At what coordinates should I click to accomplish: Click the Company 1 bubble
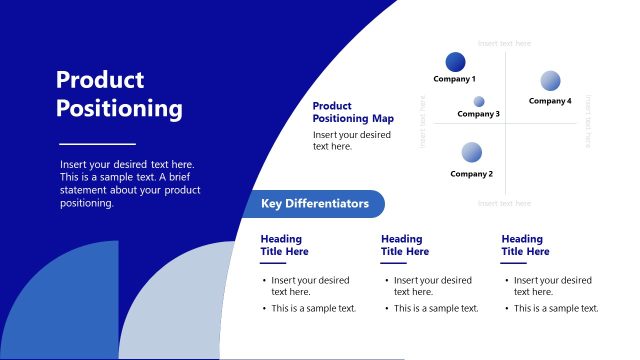[455, 62]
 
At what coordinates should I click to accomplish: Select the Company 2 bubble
[472, 153]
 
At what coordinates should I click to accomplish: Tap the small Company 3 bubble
[479, 101]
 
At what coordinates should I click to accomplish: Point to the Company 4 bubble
[550, 81]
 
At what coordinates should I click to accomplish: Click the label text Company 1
[454, 79]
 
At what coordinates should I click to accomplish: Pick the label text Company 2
[471, 174]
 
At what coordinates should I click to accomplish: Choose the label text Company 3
[478, 114]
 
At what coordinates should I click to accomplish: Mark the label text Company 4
[550, 101]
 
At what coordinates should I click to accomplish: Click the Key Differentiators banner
[315, 204]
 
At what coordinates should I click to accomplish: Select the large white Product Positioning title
[119, 94]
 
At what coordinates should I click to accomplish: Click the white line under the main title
[97, 144]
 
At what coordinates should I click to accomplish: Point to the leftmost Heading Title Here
[284, 245]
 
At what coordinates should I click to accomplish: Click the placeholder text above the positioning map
[504, 44]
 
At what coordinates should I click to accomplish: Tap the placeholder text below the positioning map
[504, 203]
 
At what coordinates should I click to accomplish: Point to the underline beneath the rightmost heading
[514, 264]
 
